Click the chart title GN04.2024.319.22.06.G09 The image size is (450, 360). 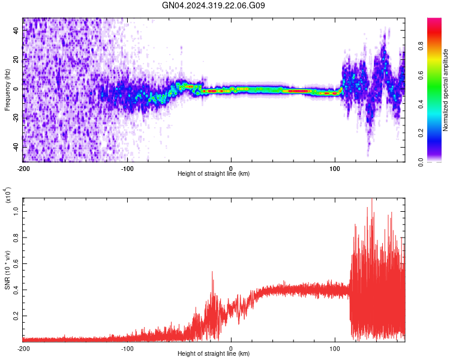214,5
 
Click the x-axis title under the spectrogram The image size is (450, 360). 214,174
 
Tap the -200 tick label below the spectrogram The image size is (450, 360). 23,167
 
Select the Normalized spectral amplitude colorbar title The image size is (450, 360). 446,90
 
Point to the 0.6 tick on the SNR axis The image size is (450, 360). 17,263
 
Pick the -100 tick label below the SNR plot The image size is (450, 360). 127,347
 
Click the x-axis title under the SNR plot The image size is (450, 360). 214,354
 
